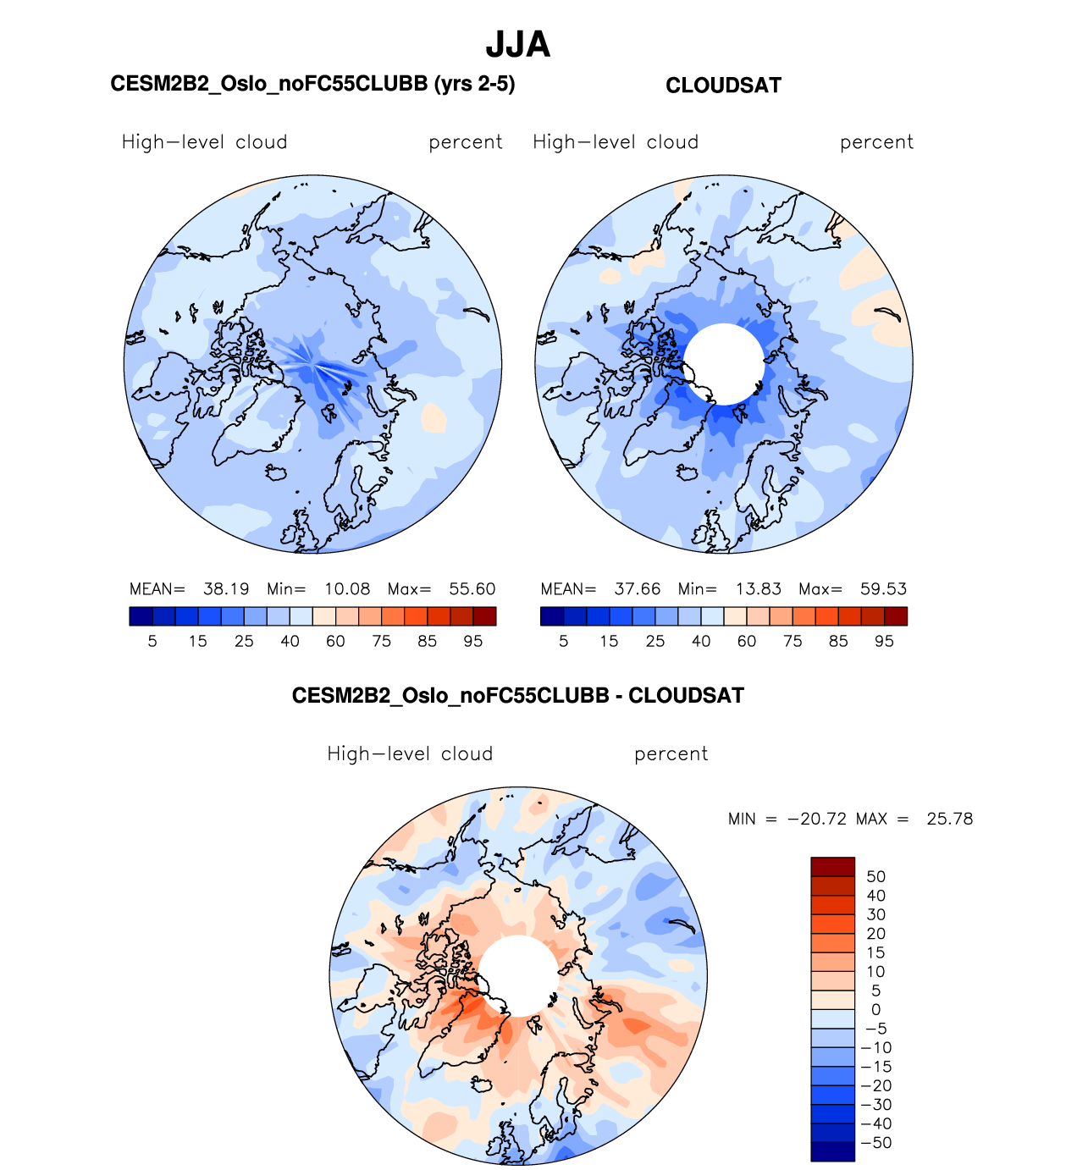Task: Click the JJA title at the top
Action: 517,45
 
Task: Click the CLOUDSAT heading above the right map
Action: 723,86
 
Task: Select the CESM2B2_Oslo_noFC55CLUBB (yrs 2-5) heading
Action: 312,84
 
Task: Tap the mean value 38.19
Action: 226,589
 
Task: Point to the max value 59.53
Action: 883,589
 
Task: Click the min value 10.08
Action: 347,589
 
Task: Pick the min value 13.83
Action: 758,589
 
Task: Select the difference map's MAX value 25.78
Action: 950,820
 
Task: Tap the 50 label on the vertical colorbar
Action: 875,877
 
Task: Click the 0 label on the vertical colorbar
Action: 875,1010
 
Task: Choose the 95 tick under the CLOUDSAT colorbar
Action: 884,642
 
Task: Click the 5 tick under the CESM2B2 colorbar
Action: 152,642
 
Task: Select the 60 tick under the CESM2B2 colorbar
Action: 335,642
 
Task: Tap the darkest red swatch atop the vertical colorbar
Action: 832,867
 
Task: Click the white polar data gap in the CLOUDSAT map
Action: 724,364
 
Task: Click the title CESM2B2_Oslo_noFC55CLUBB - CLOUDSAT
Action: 517,696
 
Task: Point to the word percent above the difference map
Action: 671,754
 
